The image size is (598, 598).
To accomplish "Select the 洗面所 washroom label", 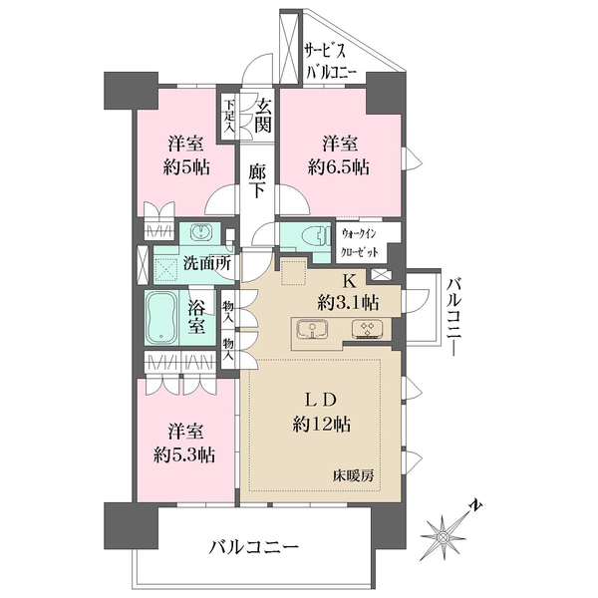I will click(x=207, y=264).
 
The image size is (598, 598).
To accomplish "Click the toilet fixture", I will click(x=309, y=236).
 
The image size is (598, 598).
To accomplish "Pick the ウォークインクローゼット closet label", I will click(x=367, y=239).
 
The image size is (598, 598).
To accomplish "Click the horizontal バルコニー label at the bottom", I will click(x=254, y=547).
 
